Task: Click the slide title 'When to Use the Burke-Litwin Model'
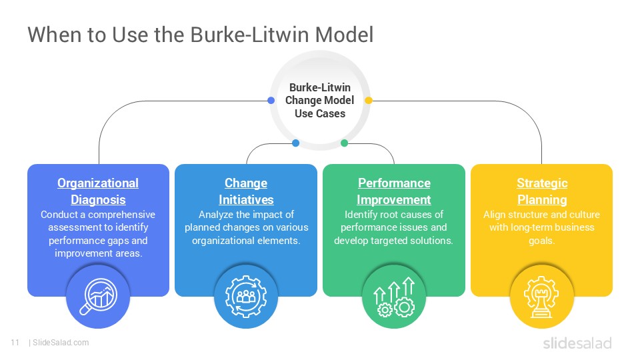(200, 35)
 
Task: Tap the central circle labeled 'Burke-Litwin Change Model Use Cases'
(320, 101)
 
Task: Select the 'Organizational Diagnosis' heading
(98, 191)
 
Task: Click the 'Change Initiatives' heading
(246, 191)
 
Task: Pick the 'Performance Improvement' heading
(394, 191)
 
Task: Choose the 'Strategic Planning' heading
(541, 191)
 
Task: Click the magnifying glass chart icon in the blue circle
(98, 297)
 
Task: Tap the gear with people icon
(246, 297)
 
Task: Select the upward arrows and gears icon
(394, 297)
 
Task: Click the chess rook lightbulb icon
(541, 297)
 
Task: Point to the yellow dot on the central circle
(369, 101)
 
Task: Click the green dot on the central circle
(344, 143)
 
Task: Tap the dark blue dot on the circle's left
(271, 101)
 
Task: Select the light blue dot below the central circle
(296, 143)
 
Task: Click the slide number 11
(14, 343)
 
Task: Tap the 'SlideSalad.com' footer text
(61, 343)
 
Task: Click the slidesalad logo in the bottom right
(577, 343)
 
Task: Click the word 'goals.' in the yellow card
(541, 240)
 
